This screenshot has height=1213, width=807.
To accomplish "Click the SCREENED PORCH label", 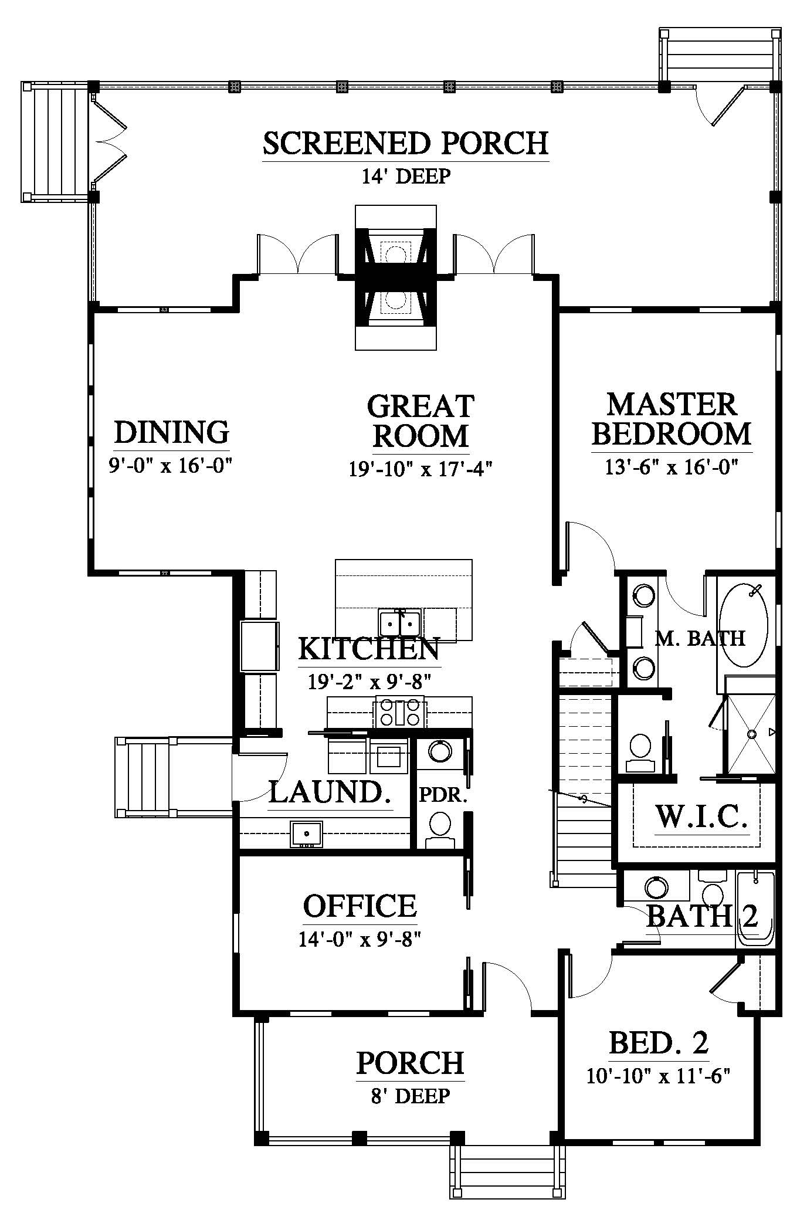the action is tap(405, 143).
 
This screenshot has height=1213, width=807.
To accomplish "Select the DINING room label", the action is tap(171, 432).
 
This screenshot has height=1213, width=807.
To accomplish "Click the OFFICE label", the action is tap(360, 906).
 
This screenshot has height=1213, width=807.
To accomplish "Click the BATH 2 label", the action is tap(702, 932).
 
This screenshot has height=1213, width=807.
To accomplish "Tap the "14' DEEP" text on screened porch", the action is tap(405, 176).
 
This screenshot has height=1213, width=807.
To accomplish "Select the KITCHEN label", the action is tap(369, 650).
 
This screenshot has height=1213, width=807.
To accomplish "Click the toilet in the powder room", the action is tap(439, 829).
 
